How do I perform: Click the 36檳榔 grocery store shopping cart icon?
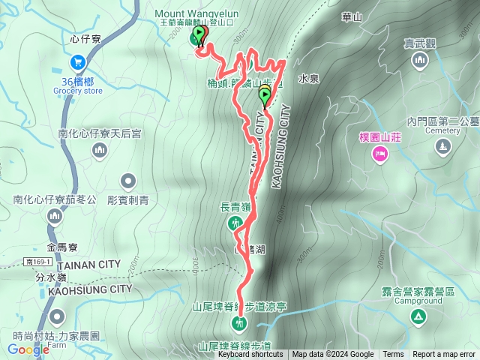coord(76,62)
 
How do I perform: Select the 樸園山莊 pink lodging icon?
coord(379,154)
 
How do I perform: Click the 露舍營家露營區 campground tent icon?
coord(416,317)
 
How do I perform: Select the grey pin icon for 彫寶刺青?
coord(129,181)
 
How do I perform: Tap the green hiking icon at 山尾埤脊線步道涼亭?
coord(238,323)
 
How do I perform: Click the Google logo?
coord(28,349)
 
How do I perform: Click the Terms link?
coord(393,355)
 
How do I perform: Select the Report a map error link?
coord(444,355)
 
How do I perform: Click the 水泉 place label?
coord(309,77)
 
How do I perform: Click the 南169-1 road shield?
coord(37,261)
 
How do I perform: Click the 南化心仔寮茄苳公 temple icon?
coord(54,217)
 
